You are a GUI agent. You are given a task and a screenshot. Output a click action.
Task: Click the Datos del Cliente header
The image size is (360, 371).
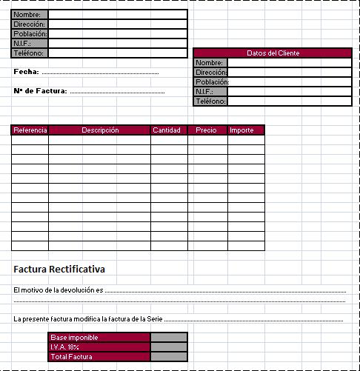coord(272,53)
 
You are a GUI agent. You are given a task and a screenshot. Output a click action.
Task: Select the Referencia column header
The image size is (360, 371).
coord(30,130)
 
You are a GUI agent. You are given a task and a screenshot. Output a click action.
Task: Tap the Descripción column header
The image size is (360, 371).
coord(100,130)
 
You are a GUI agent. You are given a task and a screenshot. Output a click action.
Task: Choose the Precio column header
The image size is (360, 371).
coord(207,130)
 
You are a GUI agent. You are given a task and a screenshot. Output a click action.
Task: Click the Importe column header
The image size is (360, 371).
coord(241,130)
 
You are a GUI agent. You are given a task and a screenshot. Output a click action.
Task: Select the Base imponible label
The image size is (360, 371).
coord(74,338)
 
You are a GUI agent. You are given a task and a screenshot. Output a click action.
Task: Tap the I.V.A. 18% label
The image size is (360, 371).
coord(64,347)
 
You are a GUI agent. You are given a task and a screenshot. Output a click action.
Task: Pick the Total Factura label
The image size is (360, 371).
coord(71,357)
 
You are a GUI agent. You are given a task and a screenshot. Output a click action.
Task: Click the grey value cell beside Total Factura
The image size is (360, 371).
coord(169,357)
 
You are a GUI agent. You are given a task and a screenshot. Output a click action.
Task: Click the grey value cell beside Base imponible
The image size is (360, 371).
coord(169,338)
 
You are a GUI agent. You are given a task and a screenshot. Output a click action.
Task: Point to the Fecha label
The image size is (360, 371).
coord(26,73)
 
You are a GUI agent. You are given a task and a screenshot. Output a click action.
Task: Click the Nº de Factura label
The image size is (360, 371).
coord(41,91)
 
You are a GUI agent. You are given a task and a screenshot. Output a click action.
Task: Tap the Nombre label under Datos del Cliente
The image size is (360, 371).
coord(210,63)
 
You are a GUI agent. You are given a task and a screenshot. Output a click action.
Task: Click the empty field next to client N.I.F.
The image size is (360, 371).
coord(289,92)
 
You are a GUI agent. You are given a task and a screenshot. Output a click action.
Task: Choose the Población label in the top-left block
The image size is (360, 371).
coord(30,34)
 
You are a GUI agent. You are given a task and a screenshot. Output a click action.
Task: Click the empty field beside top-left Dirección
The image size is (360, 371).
coord(117,24)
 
